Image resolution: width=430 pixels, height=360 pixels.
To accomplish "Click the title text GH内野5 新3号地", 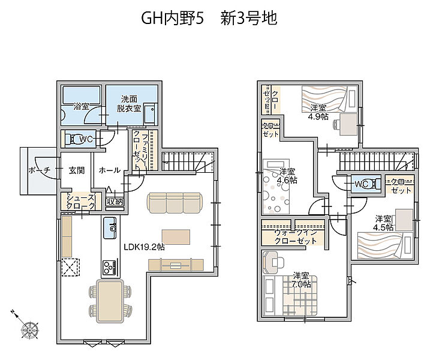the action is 209,19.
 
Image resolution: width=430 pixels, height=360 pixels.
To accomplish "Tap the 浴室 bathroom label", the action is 82,106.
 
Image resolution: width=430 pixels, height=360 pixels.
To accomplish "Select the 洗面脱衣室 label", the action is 129,104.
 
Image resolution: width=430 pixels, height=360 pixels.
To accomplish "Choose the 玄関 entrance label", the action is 76,170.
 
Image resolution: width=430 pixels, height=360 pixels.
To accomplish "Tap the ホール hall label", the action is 109,170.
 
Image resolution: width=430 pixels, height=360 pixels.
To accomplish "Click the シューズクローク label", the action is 80,202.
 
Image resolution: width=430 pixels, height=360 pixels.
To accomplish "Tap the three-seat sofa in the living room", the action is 175,203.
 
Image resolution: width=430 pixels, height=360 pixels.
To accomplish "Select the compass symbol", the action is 28,329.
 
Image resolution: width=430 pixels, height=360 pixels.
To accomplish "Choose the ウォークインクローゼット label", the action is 294,236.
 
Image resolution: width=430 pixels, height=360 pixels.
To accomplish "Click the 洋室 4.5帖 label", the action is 383,223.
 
